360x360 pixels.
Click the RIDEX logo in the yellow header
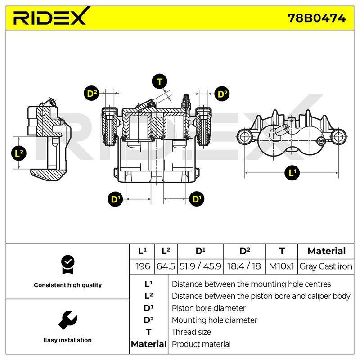[50, 17]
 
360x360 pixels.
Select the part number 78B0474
[317, 18]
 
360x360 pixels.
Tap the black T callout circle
[160, 81]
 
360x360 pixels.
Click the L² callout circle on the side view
[19, 153]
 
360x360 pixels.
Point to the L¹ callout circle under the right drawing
[292, 173]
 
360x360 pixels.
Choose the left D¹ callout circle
[115, 199]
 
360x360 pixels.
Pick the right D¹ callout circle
[197, 199]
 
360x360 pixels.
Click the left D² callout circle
[92, 94]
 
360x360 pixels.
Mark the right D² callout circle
[222, 94]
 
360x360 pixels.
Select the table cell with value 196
[142, 266]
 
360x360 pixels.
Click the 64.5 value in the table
[166, 266]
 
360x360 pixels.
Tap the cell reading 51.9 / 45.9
[200, 266]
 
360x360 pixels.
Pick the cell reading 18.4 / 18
[244, 266]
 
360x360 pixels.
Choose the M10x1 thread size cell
[282, 266]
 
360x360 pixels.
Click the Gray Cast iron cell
[325, 266]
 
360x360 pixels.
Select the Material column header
[327, 251]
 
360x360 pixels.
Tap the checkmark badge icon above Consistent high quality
[68, 265]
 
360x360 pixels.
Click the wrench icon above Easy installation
[68, 320]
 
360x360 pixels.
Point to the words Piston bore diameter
[209, 308]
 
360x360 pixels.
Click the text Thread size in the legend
[191, 332]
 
